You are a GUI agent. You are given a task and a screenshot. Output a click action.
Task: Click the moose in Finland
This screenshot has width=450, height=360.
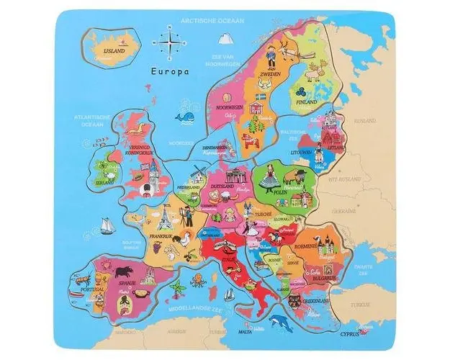(x=315, y=71)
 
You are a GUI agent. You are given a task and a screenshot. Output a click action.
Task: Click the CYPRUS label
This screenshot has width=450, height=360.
(x=346, y=333)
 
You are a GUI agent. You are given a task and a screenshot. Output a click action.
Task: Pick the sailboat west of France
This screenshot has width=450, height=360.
(x=106, y=225)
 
